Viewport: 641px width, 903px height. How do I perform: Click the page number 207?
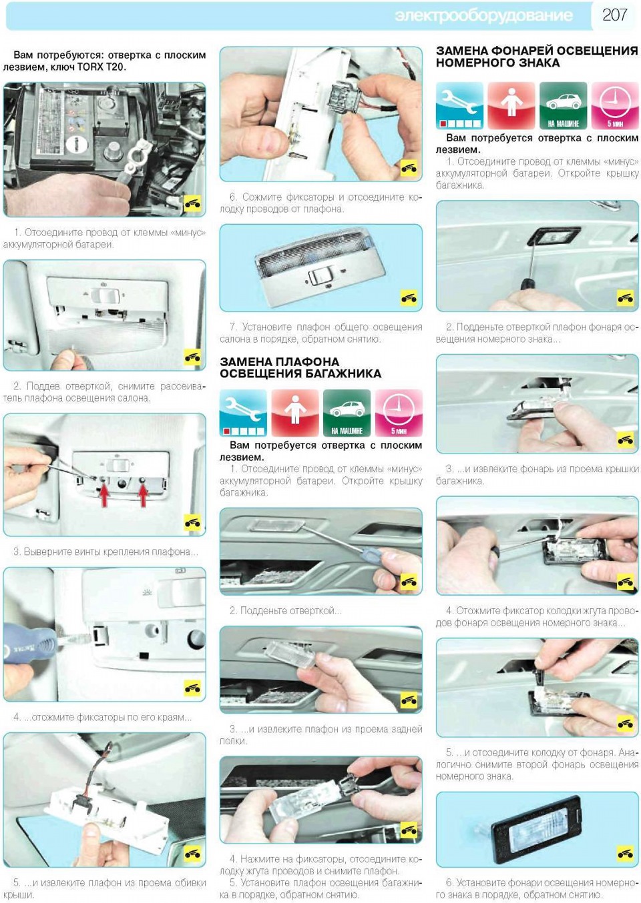614,15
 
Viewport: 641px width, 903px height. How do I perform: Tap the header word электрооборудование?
483,15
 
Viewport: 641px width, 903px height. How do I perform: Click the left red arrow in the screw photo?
104,496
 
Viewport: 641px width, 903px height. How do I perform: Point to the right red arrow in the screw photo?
143,496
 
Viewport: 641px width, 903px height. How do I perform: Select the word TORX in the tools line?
90,67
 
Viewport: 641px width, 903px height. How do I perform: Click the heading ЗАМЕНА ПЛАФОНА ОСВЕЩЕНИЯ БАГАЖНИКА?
300,367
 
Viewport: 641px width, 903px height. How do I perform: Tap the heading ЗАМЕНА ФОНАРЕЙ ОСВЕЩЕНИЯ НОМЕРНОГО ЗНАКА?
537,57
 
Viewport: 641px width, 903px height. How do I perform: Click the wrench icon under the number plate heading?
460,105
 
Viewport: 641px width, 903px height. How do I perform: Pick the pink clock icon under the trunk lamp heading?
399,413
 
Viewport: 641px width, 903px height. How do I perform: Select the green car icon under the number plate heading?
563,105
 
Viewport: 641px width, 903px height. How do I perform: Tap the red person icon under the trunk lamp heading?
295,413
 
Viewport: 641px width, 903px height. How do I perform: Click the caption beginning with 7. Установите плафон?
321,333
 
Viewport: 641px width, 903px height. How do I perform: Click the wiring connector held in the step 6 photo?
343,98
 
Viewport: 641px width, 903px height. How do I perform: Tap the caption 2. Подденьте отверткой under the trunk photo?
286,610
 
